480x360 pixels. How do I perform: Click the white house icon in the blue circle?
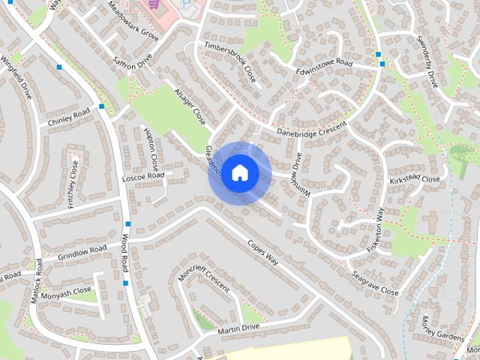[239, 172]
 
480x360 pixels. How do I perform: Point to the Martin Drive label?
[238, 328]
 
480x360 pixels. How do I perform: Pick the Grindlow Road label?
[82, 252]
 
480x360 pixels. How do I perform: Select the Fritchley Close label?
[73, 183]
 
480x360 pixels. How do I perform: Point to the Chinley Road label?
[68, 117]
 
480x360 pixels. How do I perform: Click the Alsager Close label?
[189, 106]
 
